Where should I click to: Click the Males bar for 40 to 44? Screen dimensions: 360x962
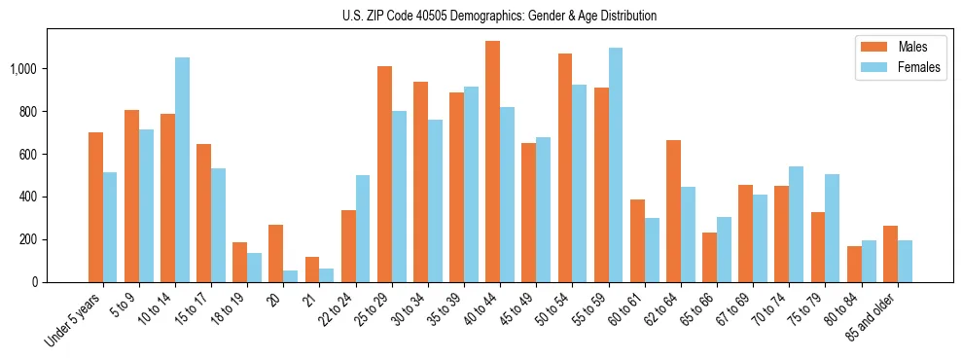pyautogui.click(x=492, y=162)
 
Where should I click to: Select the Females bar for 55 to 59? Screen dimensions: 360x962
pyautogui.click(x=615, y=165)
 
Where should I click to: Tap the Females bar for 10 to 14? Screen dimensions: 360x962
pyautogui.click(x=182, y=170)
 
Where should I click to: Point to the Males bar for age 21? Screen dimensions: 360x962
pyautogui.click(x=312, y=270)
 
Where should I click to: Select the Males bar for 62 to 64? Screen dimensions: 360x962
pyautogui.click(x=673, y=211)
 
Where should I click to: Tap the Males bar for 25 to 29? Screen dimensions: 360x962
pyautogui.click(x=384, y=174)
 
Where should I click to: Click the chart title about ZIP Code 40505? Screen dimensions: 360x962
pyautogui.click(x=499, y=16)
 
